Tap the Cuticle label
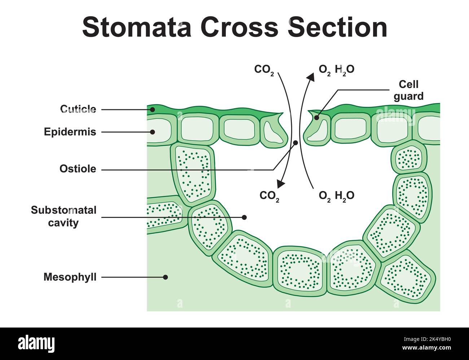(78, 109)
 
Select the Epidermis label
(70, 132)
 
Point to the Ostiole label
(78, 169)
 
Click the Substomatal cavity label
(63, 216)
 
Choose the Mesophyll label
(70, 277)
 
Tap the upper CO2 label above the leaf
(264, 70)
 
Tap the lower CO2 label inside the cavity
(269, 196)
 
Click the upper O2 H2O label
(336, 70)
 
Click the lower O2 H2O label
(336, 196)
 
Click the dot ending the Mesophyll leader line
(165, 277)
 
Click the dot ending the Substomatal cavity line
(244, 217)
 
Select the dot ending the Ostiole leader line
(295, 143)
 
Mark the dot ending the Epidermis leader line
(153, 132)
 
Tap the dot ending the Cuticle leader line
(153, 109)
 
